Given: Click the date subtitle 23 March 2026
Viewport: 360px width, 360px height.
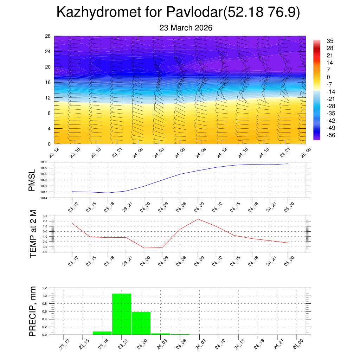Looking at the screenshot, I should (x=186, y=28).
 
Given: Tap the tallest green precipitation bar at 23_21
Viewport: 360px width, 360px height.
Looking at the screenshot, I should (x=121, y=314).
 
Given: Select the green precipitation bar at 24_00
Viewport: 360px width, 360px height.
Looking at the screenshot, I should (x=141, y=323).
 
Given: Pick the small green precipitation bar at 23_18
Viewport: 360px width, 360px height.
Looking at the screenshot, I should (x=102, y=333).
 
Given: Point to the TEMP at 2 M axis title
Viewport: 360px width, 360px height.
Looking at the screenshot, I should (x=33, y=234).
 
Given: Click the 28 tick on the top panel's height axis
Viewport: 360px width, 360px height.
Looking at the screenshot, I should (x=48, y=36).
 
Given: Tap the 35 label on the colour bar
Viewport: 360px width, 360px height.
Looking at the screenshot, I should (x=330, y=40).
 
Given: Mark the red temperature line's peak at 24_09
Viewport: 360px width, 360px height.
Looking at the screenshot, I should (x=198, y=219).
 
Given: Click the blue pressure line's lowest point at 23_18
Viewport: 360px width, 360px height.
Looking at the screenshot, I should (x=108, y=193).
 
